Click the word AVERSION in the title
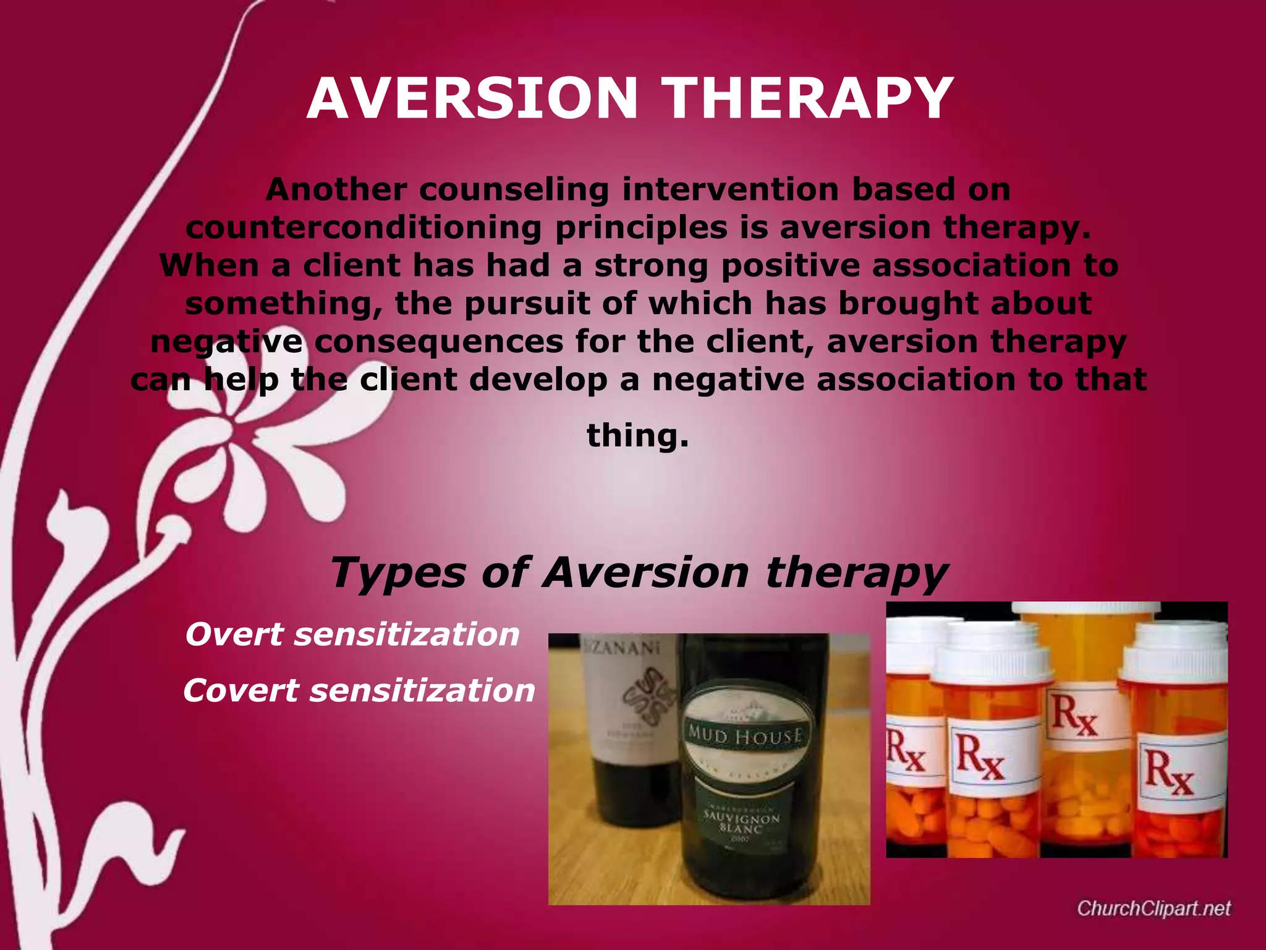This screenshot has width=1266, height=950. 472,99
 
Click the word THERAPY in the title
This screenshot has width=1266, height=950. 808,99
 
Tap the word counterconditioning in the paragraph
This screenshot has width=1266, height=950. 363,228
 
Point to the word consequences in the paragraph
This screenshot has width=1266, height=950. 439,342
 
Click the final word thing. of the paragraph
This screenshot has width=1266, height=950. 637,435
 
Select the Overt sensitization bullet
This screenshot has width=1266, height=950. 352,635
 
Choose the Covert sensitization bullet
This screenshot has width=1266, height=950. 359,690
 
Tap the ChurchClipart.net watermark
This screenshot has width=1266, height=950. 1153,908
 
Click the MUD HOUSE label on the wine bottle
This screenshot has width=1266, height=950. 746,736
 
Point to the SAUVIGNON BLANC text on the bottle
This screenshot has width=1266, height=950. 742,823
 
